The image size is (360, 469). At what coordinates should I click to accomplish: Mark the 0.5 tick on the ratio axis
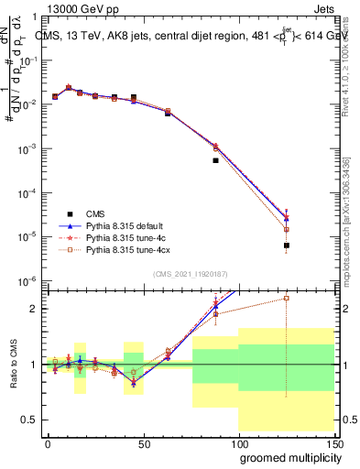click(x=32, y=420)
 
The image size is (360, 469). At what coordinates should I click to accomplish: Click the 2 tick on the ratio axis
click(x=35, y=309)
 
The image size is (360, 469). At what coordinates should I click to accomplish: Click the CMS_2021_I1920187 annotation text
click(x=190, y=273)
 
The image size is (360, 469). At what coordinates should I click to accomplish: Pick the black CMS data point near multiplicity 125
click(x=287, y=245)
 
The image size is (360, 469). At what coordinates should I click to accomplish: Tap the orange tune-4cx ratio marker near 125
click(x=287, y=298)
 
